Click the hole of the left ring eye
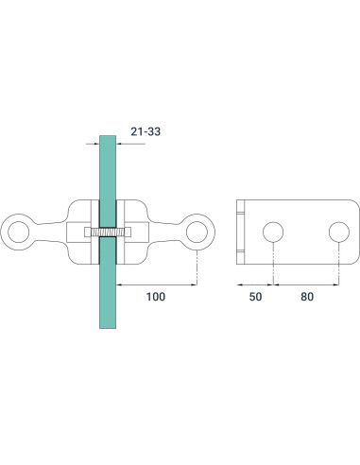click(18, 231)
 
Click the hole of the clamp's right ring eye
click(197, 231)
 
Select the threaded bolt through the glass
click(108, 231)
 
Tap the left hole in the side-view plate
click(272, 232)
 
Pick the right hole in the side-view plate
click(338, 232)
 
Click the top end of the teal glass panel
click(108, 138)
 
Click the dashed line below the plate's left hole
click(272, 265)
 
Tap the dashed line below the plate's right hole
click(338, 265)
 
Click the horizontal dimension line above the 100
click(157, 284)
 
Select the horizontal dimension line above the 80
click(305, 284)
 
